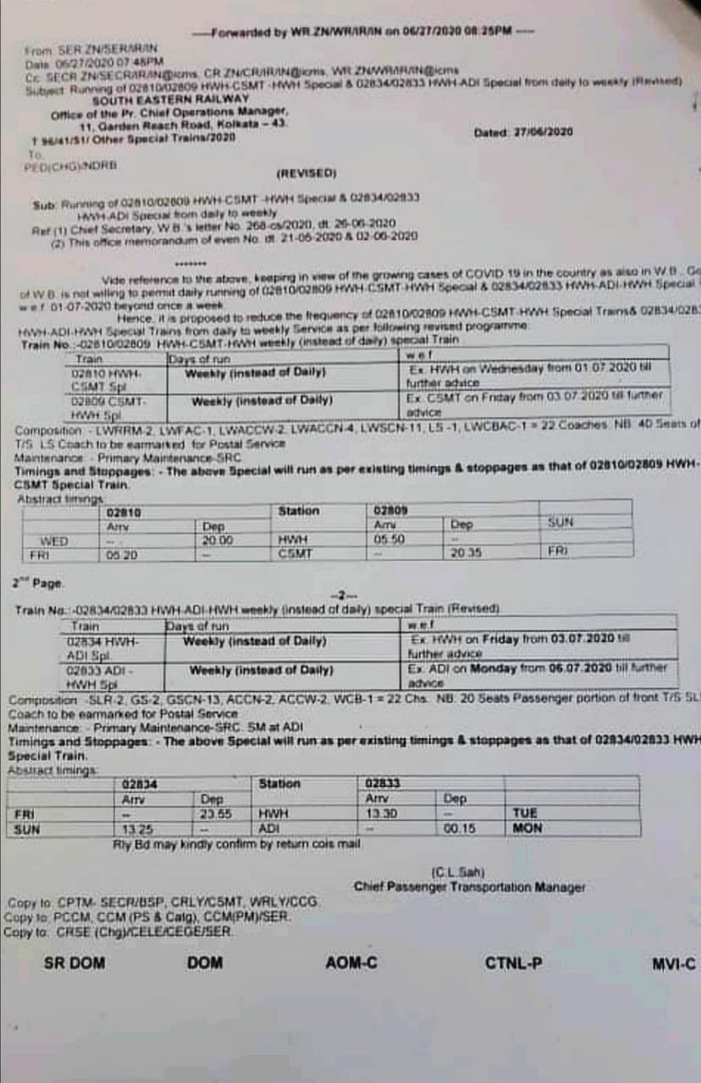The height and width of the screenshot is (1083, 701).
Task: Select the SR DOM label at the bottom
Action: pyautogui.click(x=75, y=963)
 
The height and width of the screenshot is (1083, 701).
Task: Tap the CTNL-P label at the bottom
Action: pyautogui.click(x=514, y=963)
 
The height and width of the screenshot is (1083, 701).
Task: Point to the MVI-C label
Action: pyautogui.click(x=674, y=963)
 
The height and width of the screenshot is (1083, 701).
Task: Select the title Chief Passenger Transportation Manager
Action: pyautogui.click(x=469, y=888)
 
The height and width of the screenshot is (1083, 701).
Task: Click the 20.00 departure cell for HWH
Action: pyautogui.click(x=218, y=540)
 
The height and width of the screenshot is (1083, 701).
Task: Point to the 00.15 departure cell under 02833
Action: pyautogui.click(x=455, y=829)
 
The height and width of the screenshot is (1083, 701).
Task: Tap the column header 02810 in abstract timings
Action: pyautogui.click(x=124, y=512)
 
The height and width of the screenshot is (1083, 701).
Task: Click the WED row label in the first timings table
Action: pyautogui.click(x=54, y=541)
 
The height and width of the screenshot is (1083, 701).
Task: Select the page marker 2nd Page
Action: pyautogui.click(x=38, y=583)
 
